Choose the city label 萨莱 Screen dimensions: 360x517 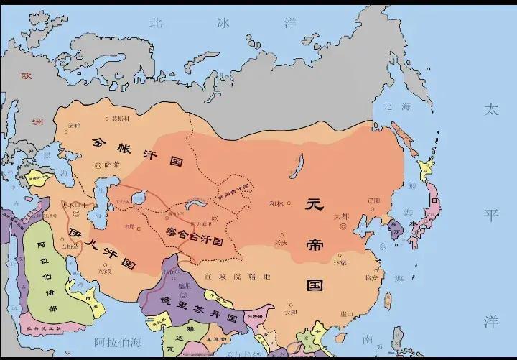(x=112, y=165)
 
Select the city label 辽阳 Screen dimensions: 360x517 (x=373, y=200)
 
